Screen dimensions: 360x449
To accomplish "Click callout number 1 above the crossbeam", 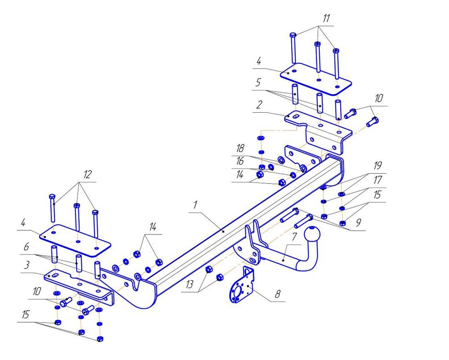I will tap(195, 206).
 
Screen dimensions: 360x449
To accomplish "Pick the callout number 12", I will tap(87, 175).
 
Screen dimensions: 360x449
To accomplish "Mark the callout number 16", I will tap(240, 162).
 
